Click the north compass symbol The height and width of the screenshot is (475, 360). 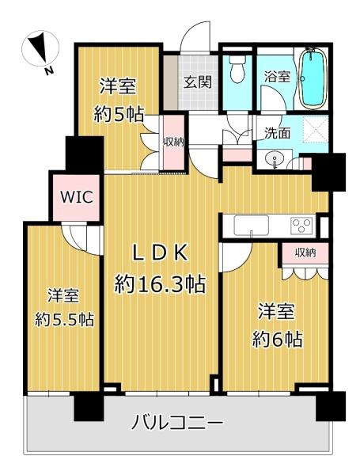(x=40, y=49)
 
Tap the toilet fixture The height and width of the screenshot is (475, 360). (x=237, y=69)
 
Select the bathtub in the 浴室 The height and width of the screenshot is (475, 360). (x=313, y=78)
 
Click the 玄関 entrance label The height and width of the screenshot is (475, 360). (x=198, y=82)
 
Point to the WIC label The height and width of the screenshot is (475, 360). (x=76, y=197)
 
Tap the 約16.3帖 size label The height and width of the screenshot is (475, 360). (x=160, y=284)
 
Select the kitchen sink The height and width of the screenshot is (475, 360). (x=252, y=225)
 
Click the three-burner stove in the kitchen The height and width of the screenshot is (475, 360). (x=301, y=226)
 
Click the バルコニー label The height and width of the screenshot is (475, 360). (x=177, y=422)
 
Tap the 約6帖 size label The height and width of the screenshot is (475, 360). (x=278, y=340)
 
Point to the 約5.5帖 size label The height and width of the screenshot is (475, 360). (x=64, y=319)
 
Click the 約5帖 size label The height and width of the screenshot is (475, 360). (x=119, y=114)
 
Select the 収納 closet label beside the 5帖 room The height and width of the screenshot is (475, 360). (x=174, y=142)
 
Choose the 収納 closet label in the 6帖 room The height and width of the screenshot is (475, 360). (x=306, y=253)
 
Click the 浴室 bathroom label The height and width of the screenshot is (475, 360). (x=278, y=76)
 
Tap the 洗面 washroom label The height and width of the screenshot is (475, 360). (x=278, y=133)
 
